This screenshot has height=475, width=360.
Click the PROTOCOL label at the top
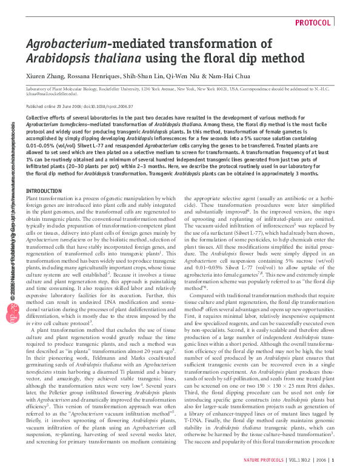pyautogui.click(x=313, y=23)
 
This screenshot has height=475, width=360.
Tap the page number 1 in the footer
pyautogui.click(x=333, y=460)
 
